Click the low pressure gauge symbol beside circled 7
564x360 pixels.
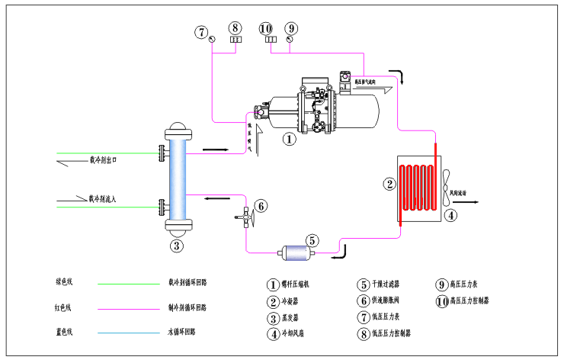[x=211, y=39]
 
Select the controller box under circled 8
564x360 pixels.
[x=236, y=39]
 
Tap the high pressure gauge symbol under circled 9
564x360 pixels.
[x=290, y=39]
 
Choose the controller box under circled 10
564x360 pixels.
[x=270, y=39]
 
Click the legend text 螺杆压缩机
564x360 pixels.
[x=297, y=284]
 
